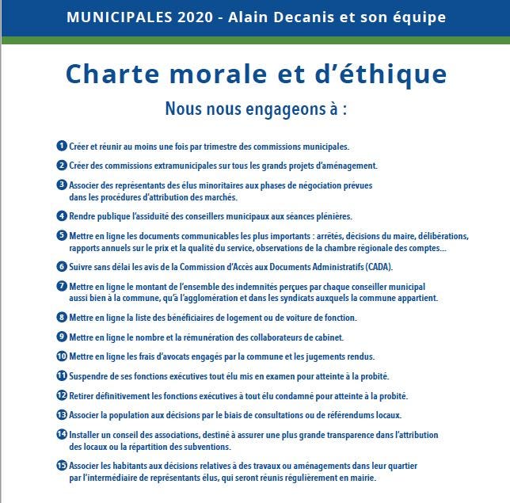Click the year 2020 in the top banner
point(202,17)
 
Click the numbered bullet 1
point(62,147)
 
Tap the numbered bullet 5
point(62,235)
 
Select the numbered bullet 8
point(62,317)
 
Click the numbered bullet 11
point(62,375)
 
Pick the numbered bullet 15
point(62,466)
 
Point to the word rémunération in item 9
point(188,337)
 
